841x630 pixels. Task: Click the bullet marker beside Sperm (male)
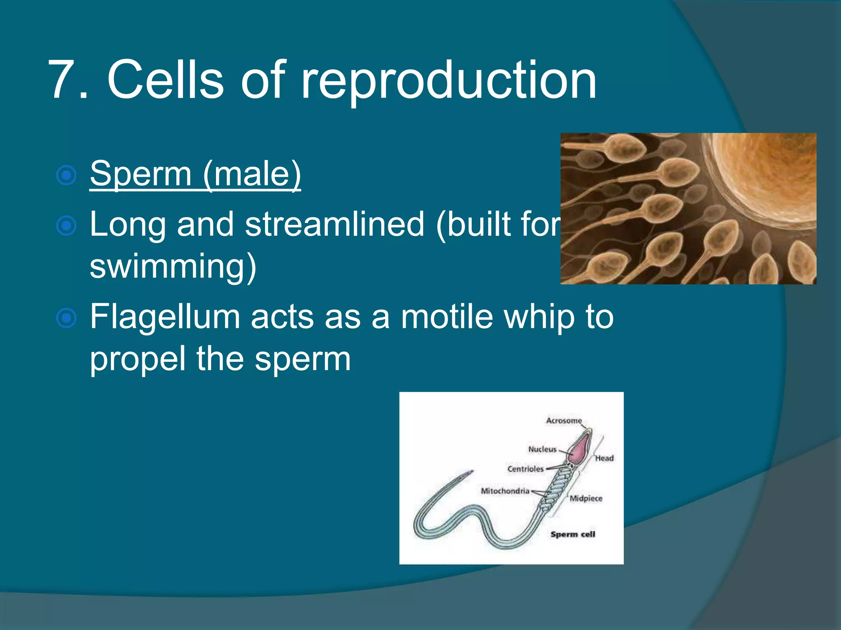click(66, 176)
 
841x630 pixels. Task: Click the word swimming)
click(173, 266)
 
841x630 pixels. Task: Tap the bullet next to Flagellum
click(66, 318)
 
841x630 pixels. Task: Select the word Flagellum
click(165, 317)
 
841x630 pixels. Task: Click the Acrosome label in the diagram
click(564, 421)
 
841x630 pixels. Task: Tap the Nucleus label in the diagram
click(542, 450)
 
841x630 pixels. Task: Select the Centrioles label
click(525, 469)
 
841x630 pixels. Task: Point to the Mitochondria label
click(505, 491)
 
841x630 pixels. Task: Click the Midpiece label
click(586, 499)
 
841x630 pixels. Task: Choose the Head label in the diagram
click(604, 459)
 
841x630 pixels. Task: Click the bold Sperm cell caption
click(573, 534)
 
